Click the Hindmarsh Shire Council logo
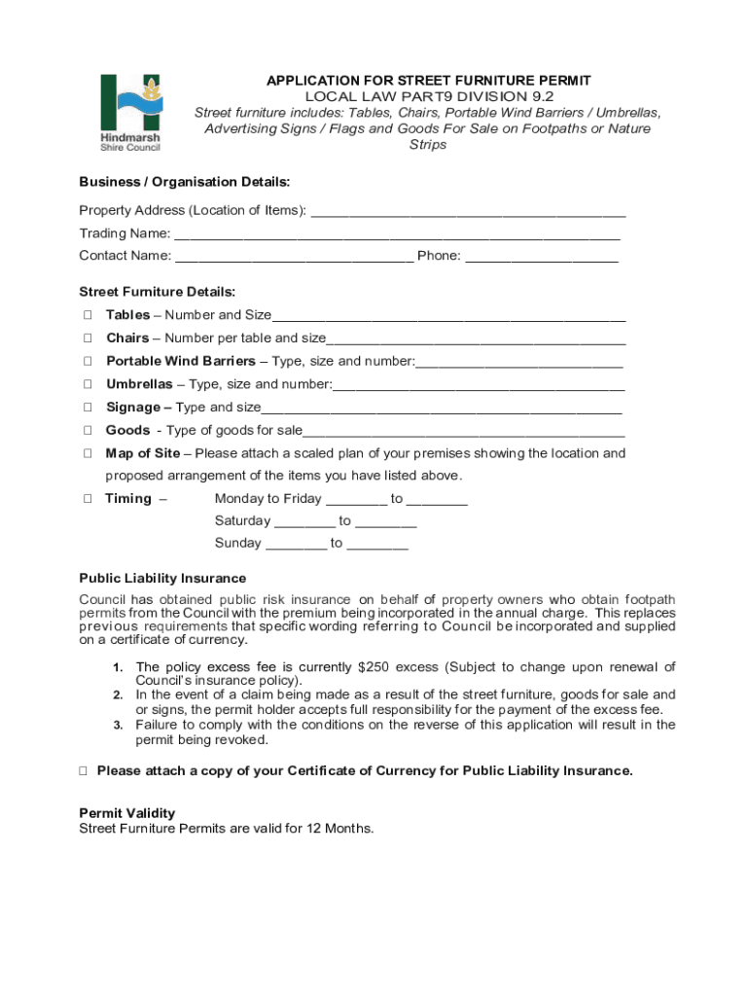point(131,112)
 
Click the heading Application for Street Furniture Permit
point(429,81)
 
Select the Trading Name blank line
point(397,234)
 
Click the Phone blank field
point(542,257)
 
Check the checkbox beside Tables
point(88,315)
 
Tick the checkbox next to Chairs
point(88,338)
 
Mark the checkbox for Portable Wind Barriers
point(88,362)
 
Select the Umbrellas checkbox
point(88,385)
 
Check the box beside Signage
point(88,409)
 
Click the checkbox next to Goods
point(88,431)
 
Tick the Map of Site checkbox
point(88,454)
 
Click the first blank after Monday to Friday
point(356,500)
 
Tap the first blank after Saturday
point(304,522)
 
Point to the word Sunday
point(238,544)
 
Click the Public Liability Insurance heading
point(162,579)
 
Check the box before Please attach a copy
point(84,771)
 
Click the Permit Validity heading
point(126,813)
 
